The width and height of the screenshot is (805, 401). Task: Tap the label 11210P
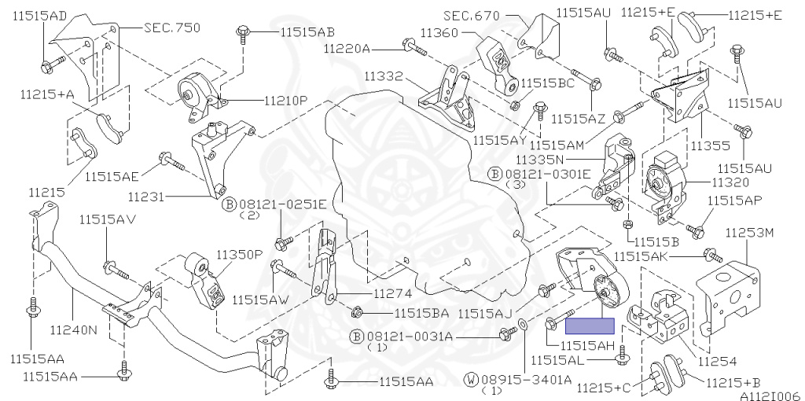click(285, 101)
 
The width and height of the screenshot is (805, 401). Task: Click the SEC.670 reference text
click(472, 15)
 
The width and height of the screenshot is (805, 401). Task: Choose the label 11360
click(439, 33)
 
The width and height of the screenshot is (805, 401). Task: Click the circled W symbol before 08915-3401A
click(471, 379)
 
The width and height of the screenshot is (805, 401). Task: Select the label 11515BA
click(421, 313)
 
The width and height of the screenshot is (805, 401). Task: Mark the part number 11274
click(392, 294)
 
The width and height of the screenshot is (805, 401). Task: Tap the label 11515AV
click(105, 219)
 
